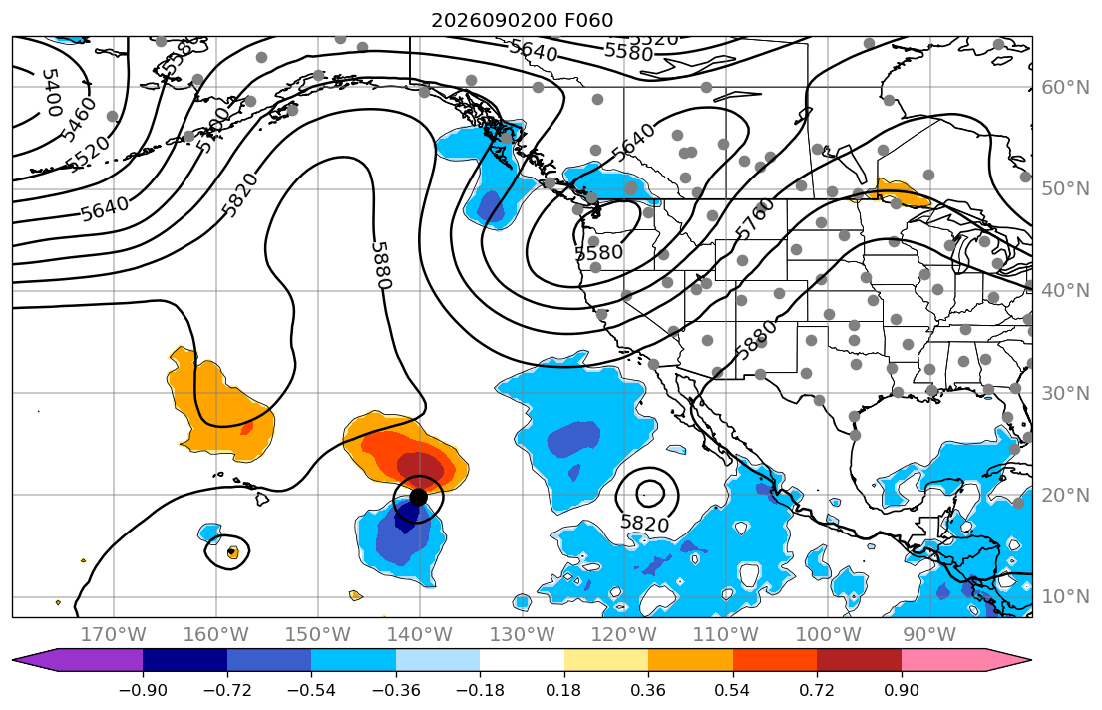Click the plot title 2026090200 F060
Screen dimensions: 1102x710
point(523,20)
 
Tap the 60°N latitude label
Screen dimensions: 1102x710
point(1065,87)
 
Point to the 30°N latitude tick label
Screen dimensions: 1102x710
point(1065,393)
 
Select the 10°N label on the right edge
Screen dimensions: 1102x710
point(1065,597)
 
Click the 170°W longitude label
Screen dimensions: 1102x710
point(114,635)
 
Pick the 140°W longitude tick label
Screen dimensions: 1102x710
point(420,635)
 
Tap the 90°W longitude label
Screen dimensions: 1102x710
point(929,635)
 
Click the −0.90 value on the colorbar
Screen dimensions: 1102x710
point(143,690)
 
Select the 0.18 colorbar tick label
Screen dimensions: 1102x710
point(563,690)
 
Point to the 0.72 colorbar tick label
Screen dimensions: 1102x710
point(817,690)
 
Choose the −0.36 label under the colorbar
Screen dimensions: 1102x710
point(396,690)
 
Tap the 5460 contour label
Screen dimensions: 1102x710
point(78,119)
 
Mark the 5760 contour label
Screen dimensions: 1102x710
point(754,218)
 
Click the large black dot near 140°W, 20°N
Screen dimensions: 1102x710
point(418,497)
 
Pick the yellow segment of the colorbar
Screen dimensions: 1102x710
point(605,661)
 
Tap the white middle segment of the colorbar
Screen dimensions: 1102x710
point(522,661)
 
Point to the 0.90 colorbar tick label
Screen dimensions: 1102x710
point(901,690)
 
